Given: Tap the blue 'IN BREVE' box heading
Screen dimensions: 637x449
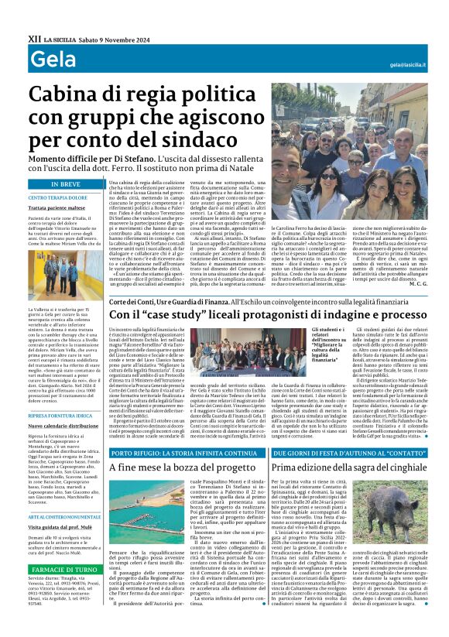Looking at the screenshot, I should [x=66, y=184].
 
